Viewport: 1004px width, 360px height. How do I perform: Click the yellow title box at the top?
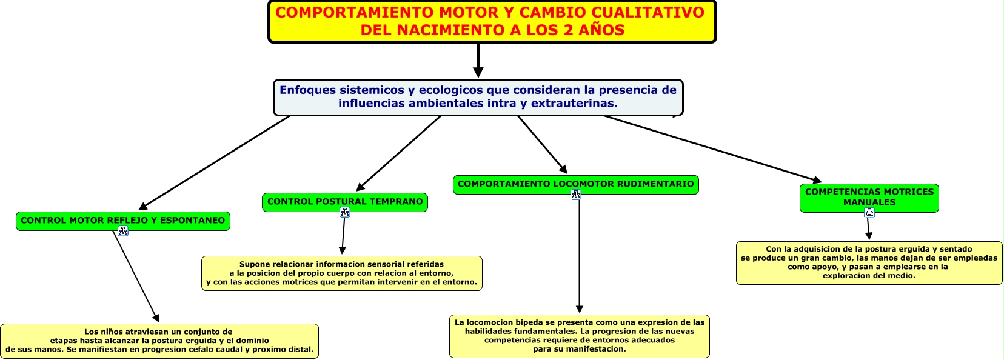(x=492, y=22)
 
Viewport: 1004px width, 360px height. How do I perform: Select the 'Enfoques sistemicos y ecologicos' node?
(x=478, y=97)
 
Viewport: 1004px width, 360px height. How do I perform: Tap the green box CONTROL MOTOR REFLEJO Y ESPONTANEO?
(x=123, y=221)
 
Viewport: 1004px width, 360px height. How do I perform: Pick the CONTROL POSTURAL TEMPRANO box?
(x=345, y=202)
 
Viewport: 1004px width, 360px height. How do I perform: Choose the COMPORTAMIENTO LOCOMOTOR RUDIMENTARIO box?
(x=575, y=184)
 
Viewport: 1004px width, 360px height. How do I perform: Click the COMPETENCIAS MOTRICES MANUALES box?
(x=869, y=198)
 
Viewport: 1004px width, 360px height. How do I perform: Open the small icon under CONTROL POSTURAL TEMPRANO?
(x=345, y=212)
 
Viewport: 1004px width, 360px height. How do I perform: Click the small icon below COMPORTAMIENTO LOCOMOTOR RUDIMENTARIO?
(x=576, y=195)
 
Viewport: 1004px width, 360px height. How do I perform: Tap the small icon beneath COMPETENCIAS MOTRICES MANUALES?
(x=869, y=213)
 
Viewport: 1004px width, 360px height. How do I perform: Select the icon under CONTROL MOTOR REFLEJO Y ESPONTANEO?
(x=123, y=231)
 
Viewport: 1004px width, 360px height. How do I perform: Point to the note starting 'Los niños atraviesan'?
(x=159, y=341)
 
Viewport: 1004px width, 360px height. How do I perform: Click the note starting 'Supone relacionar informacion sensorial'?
(x=341, y=273)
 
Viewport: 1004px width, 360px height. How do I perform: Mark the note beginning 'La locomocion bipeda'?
(x=579, y=336)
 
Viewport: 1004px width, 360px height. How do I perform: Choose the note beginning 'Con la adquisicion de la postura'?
(x=869, y=262)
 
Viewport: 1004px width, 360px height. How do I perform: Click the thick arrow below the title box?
(x=478, y=61)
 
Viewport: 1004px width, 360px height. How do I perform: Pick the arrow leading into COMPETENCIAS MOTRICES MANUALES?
(x=715, y=149)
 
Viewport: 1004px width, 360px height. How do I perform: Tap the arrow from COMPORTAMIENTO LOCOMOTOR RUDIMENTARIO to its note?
(x=580, y=255)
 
